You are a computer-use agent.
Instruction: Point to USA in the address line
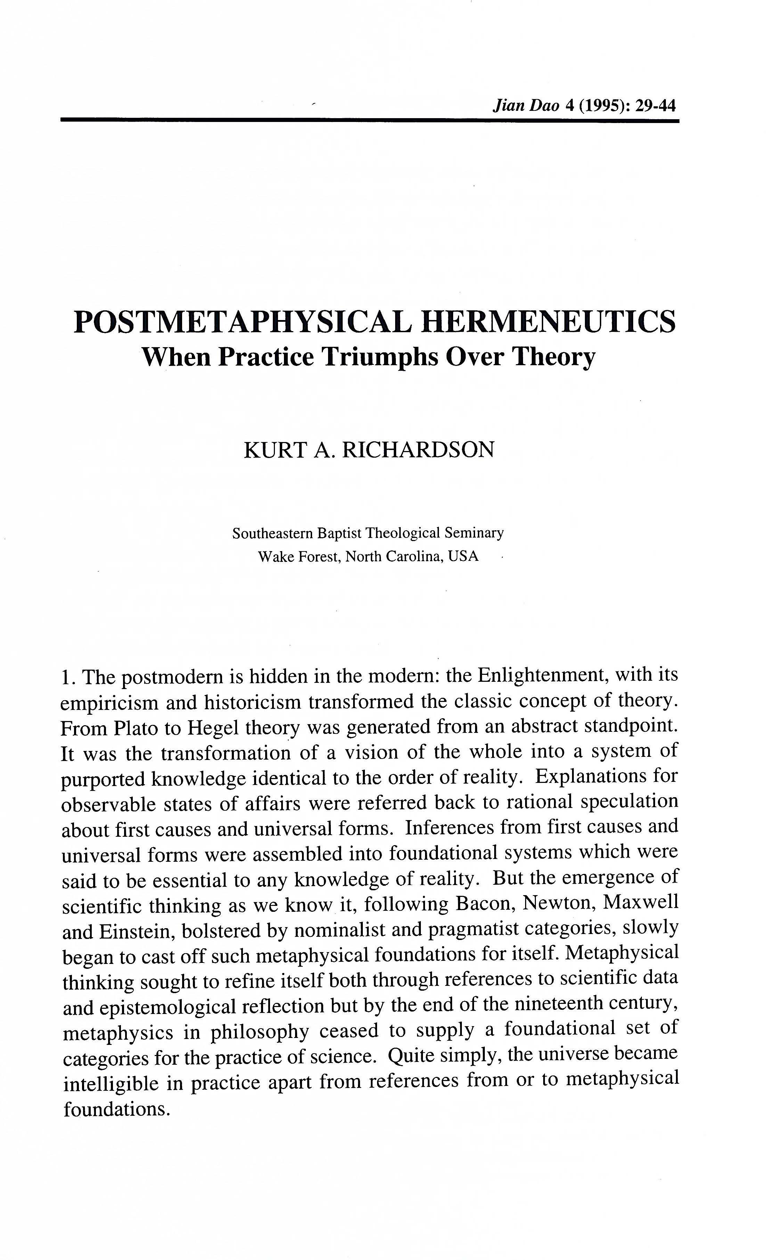[x=463, y=556]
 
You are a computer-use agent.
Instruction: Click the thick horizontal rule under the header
[x=370, y=120]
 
